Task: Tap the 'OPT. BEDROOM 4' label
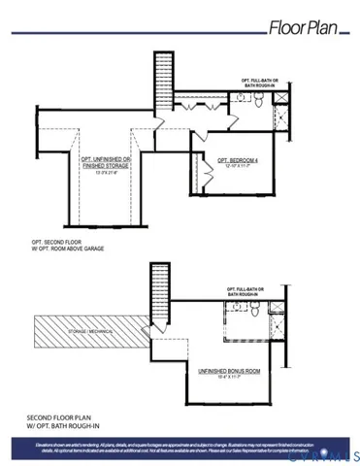coord(236,160)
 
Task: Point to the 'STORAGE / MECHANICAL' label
coord(95,332)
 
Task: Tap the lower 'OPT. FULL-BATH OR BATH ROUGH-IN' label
coord(254,290)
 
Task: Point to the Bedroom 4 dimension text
coord(236,168)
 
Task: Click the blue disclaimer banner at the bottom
coord(180,448)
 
